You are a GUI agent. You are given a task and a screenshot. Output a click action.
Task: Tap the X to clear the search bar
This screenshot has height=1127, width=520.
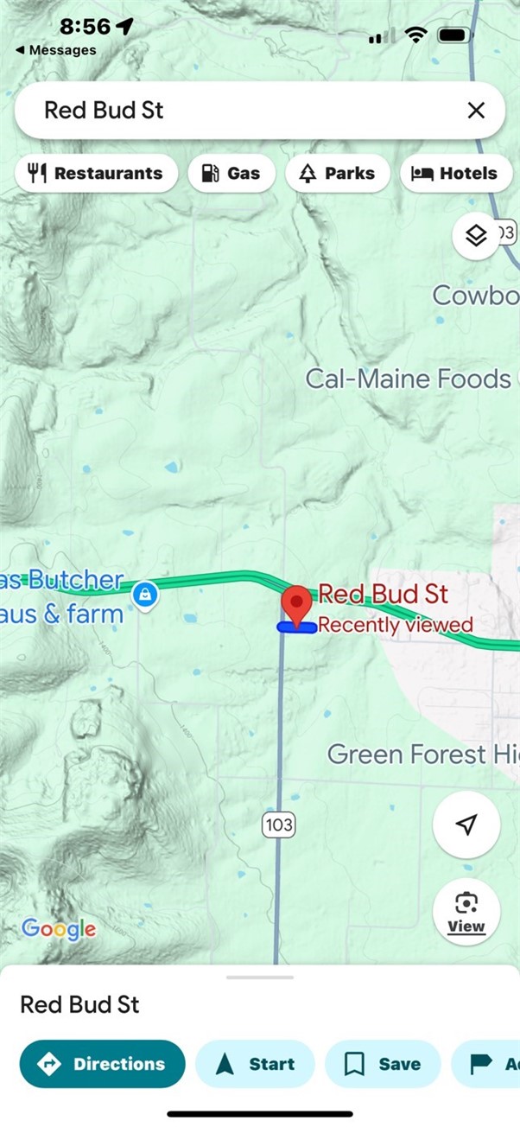coord(476,110)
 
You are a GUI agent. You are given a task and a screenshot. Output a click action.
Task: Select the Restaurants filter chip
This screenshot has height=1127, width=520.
coord(95,173)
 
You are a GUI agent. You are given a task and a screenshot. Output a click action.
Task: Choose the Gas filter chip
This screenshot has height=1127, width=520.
coord(231,173)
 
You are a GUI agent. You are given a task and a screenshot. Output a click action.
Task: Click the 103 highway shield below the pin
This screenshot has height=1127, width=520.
coord(279,825)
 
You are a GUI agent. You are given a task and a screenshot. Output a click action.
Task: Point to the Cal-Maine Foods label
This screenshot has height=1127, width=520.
coord(408,379)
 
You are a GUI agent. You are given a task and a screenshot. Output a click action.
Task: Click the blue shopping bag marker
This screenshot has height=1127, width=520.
coord(145,594)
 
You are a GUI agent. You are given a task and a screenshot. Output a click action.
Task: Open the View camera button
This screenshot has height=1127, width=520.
coord(466,912)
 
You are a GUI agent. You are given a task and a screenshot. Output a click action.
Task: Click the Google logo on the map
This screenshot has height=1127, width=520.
coord(59,929)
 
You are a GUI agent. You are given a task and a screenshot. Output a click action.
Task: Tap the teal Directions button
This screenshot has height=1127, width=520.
coord(103,1064)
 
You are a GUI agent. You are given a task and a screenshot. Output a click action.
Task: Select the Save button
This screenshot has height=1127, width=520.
coord(383,1064)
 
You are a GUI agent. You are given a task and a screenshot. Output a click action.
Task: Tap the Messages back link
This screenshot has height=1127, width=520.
coord(56,50)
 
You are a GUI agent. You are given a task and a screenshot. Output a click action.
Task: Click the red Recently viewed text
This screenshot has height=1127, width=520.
coord(396,625)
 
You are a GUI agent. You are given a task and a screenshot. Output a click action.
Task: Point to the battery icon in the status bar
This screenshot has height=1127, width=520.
coord(454,35)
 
